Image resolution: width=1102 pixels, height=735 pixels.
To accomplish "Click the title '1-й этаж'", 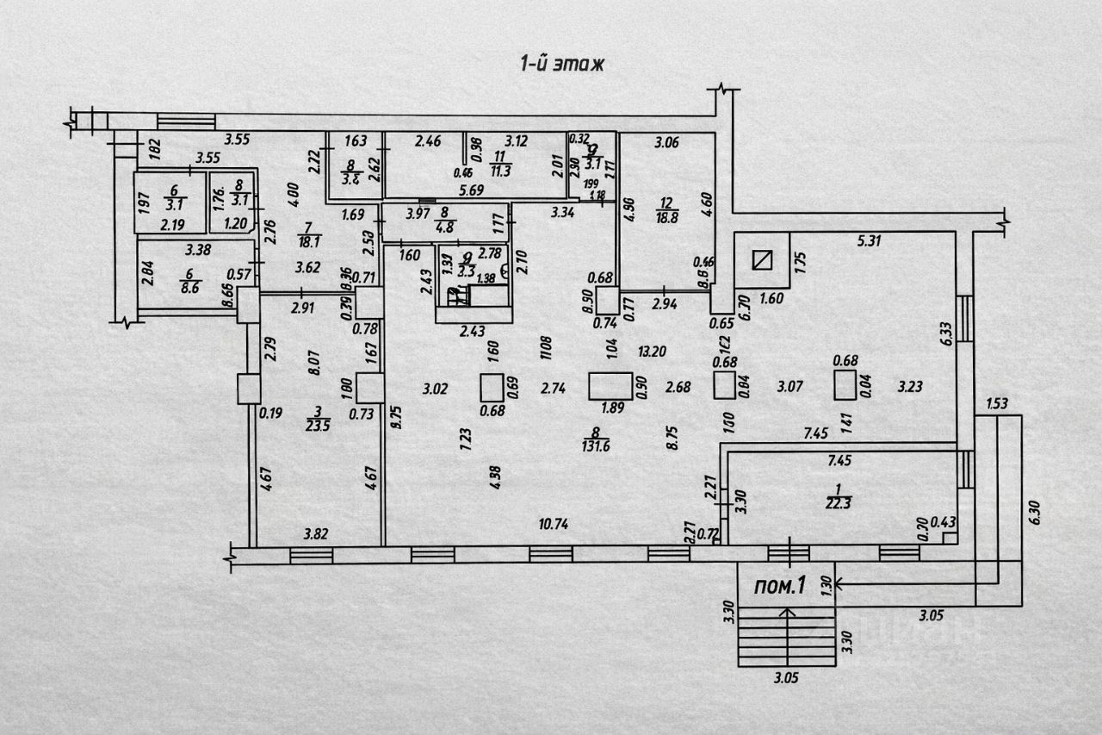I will (x=563, y=63).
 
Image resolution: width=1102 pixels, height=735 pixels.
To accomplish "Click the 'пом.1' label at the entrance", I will (x=779, y=587).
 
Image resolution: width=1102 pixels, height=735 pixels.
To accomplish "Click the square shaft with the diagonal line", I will (x=761, y=260).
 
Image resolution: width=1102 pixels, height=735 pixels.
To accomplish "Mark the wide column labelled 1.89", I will (x=611, y=385).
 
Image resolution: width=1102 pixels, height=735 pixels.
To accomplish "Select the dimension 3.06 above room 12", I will (x=667, y=143).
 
